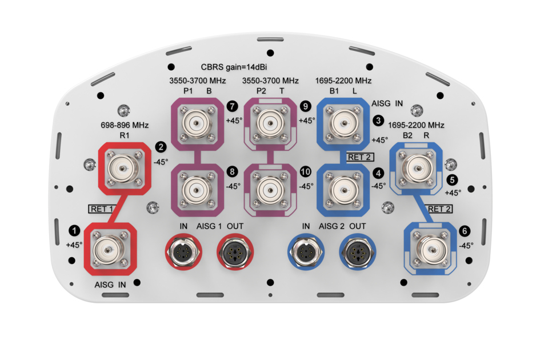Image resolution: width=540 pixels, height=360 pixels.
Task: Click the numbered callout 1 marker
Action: pos(74,230)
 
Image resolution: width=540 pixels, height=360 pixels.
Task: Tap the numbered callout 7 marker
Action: pos(232,106)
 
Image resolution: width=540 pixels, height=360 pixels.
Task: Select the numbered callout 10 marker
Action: pos(306,170)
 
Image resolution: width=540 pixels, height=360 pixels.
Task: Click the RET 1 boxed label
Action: pos(101,209)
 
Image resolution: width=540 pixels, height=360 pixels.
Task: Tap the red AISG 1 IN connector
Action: pos(183,251)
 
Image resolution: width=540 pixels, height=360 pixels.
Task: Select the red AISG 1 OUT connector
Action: pos(234,251)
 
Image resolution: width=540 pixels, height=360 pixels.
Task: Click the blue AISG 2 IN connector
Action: pos(306,251)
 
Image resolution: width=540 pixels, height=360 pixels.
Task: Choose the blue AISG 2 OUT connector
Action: pos(357,251)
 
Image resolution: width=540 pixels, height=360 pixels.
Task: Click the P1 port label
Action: pos(188,91)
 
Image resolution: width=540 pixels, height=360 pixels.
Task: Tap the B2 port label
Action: pos(407,136)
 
